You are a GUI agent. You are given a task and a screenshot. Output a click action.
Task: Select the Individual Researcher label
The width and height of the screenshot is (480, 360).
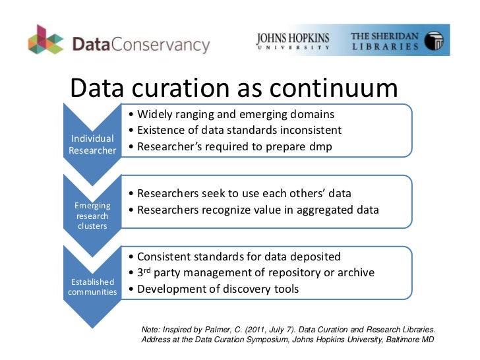click(92, 144)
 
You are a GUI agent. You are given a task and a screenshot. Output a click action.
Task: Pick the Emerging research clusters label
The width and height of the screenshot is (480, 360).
click(92, 216)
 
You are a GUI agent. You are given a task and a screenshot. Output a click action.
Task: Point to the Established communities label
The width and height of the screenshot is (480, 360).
click(92, 287)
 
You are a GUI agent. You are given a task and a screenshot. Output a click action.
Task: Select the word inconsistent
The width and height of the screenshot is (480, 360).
click(308, 131)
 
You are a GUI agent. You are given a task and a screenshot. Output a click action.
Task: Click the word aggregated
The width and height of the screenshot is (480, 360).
click(317, 210)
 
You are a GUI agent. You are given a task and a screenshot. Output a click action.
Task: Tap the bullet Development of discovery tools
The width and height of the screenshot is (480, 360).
click(214, 289)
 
